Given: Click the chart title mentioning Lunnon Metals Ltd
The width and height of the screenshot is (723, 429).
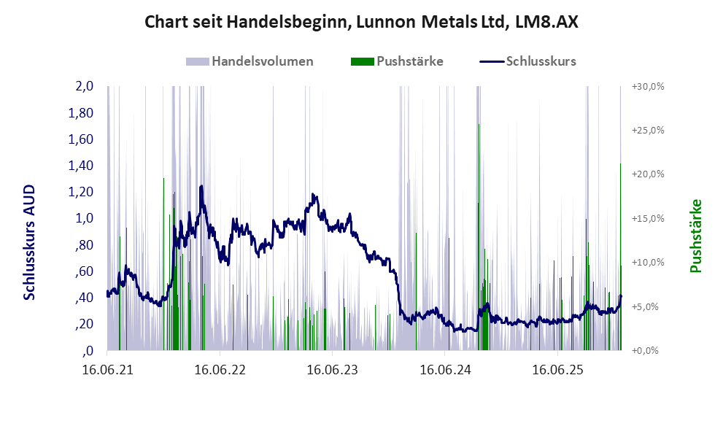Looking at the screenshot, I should [x=361, y=22].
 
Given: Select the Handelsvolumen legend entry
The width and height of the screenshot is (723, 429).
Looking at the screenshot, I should [x=263, y=61].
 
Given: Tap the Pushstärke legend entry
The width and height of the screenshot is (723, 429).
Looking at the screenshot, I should [x=409, y=61].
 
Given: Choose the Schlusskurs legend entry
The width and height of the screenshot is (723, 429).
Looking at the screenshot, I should [x=541, y=61].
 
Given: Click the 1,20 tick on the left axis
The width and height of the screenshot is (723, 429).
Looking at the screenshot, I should [x=81, y=192].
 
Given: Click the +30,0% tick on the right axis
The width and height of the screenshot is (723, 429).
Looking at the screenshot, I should [x=647, y=87].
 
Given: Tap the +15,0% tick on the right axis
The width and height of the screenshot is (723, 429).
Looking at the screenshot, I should [x=647, y=218].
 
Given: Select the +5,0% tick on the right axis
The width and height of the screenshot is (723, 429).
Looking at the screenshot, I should [x=647, y=306].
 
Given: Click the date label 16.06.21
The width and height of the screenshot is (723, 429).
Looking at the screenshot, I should [x=107, y=370].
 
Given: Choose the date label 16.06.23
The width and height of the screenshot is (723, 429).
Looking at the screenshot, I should [x=332, y=370].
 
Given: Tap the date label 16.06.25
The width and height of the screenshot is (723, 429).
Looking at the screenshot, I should [x=557, y=370].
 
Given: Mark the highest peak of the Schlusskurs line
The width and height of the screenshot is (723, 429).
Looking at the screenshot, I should [x=201, y=187].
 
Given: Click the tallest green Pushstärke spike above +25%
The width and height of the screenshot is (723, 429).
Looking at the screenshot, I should [x=479, y=125].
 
